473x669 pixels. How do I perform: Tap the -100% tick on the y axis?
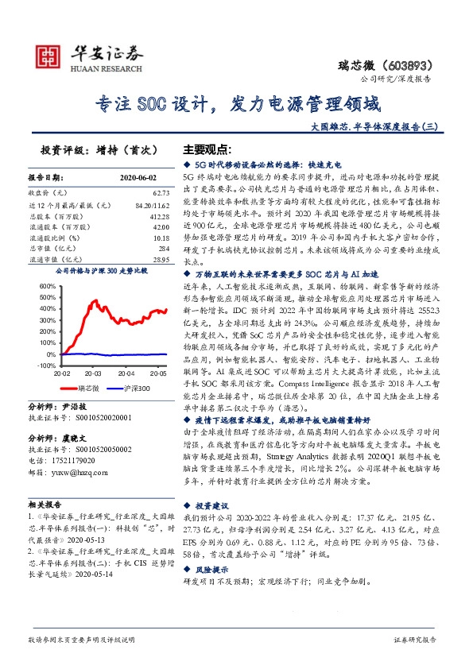pos(45,365)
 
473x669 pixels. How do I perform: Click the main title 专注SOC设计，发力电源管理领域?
pos(238,103)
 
